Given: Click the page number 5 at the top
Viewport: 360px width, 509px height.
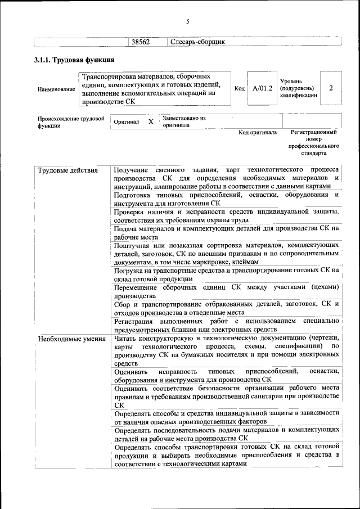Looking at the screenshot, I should pos(188,22).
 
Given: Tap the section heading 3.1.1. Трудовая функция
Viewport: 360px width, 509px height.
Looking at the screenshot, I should pos(75,60).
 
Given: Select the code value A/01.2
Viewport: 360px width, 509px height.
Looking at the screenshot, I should pos(262,88).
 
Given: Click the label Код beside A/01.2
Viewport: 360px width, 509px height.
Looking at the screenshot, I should pos(239,89).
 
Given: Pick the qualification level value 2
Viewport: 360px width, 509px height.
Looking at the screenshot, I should pos(331,88).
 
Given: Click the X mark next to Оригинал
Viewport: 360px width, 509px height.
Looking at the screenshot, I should pos(150,121).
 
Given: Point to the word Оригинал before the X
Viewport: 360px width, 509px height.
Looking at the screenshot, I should pos(127,121).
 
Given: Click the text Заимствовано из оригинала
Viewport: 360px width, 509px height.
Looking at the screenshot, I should pos(184,122).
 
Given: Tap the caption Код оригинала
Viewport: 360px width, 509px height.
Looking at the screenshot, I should pos(258,133).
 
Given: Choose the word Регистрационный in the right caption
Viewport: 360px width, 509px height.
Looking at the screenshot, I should pos(313,133).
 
